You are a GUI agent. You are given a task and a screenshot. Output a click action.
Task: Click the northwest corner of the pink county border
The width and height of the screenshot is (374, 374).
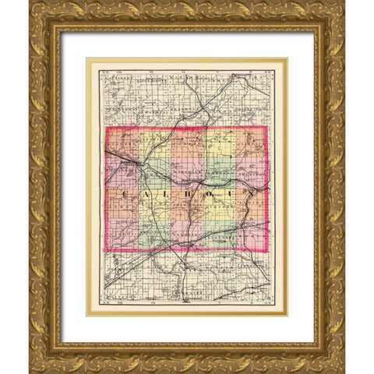(107, 128)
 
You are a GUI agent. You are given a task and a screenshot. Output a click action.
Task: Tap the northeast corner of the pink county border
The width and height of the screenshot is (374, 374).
(266, 128)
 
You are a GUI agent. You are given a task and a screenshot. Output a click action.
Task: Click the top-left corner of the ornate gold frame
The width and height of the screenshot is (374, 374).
(30, 2)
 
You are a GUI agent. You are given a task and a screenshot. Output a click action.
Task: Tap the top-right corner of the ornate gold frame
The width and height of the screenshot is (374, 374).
(344, 2)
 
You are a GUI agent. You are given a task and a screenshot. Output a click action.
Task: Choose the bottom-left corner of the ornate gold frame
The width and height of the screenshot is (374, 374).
(30, 372)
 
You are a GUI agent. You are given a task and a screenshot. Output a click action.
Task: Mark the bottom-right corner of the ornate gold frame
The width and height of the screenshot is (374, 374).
(344, 372)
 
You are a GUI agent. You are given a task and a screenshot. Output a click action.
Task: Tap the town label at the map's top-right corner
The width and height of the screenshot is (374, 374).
(248, 76)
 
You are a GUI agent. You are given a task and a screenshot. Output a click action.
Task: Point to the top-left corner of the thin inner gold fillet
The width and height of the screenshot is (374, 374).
(86, 58)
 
